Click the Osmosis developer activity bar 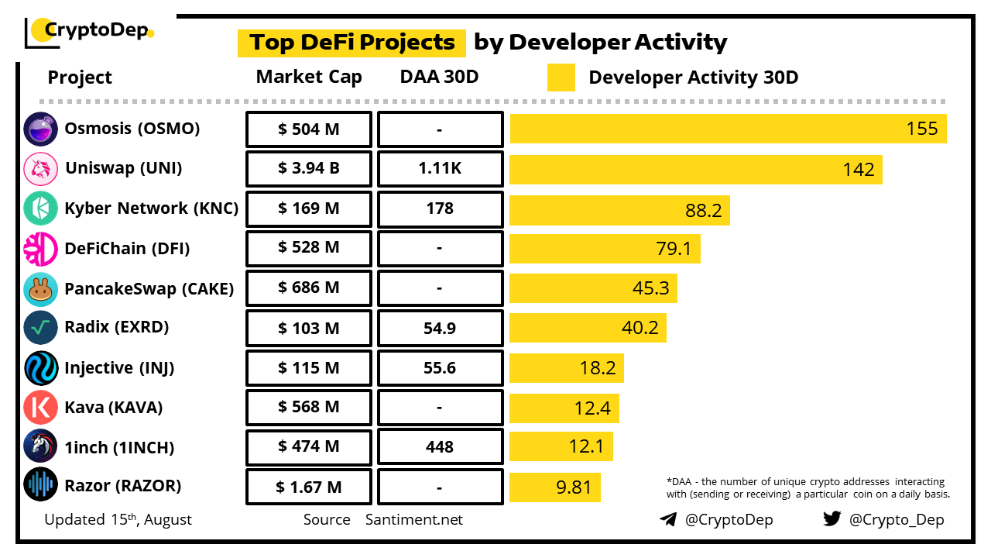click(x=728, y=129)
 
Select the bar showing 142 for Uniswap click(x=695, y=169)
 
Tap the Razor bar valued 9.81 click(x=554, y=487)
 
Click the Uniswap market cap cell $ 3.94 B click(x=309, y=169)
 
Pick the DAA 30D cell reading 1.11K click(x=440, y=169)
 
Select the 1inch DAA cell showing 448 click(x=440, y=447)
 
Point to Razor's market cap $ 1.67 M click(x=309, y=487)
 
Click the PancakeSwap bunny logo click(x=40, y=288)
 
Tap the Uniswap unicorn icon click(x=40, y=169)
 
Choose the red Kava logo click(x=40, y=407)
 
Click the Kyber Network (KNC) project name click(x=151, y=208)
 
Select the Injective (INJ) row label click(x=119, y=368)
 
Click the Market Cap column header click(x=309, y=77)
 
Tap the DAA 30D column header click(x=440, y=77)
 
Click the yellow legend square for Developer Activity click(x=561, y=77)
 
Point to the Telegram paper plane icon click(x=668, y=519)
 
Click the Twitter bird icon click(x=832, y=519)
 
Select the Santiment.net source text click(x=414, y=520)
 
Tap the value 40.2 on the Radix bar click(x=640, y=328)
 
